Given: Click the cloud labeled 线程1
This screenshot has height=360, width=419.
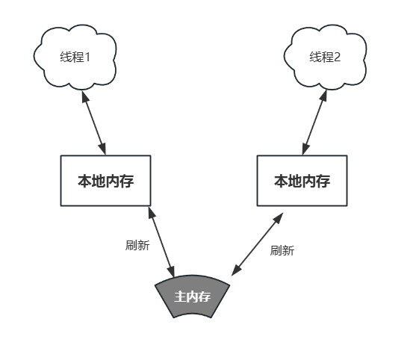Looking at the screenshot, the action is (x=75, y=58).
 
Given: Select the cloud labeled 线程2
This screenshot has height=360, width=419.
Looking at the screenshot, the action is (x=325, y=58).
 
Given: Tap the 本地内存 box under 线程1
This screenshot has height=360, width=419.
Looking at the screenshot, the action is (x=106, y=181).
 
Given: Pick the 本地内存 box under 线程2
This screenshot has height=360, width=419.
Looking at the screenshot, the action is (x=302, y=181).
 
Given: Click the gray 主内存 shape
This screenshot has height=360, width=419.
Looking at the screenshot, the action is (x=193, y=296).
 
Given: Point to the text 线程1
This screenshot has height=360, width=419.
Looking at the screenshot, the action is (x=75, y=58).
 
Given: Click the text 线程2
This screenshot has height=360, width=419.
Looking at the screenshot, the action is (x=325, y=58).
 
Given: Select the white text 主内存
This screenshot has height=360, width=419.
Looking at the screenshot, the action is (x=193, y=297).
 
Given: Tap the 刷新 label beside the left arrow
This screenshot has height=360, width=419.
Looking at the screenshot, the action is (x=137, y=245).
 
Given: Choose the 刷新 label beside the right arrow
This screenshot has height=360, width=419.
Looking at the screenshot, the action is (x=282, y=250).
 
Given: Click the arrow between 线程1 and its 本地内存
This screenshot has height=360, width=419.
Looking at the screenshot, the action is (x=94, y=122).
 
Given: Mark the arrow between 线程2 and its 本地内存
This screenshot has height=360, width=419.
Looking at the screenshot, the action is (x=314, y=122).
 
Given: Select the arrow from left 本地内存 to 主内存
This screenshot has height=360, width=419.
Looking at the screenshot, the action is (x=161, y=242).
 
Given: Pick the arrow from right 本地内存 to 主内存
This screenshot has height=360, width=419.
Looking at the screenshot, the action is (x=257, y=244).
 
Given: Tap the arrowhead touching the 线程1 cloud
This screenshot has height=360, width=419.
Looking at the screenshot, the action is (x=84, y=96).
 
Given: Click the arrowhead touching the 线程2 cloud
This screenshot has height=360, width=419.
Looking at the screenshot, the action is (x=324, y=96).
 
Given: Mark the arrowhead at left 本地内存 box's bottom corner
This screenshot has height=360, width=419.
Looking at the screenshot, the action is (x=152, y=212).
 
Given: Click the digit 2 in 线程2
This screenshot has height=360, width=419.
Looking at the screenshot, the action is (x=338, y=58).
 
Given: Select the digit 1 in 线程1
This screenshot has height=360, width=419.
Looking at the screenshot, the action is (x=87, y=58).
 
